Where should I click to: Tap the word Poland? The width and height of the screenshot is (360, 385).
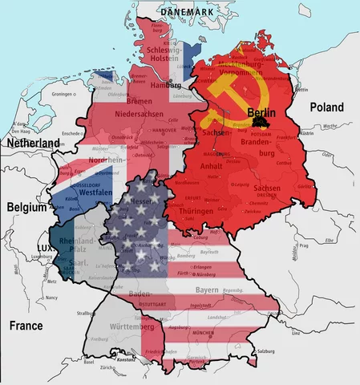click(x=326, y=107)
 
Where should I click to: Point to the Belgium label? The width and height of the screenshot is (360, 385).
click(x=23, y=206)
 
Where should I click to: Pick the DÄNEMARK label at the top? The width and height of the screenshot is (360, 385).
click(x=188, y=12)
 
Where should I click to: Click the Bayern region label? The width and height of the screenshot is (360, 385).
click(x=208, y=289)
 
